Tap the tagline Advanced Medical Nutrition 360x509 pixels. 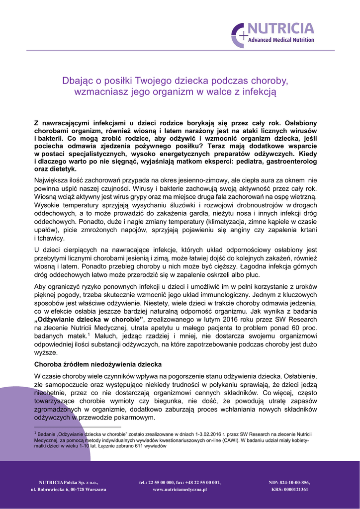(x=281, y=40)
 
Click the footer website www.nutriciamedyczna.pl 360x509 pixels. (x=180, y=490)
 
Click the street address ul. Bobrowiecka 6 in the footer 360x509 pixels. (x=54, y=490)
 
